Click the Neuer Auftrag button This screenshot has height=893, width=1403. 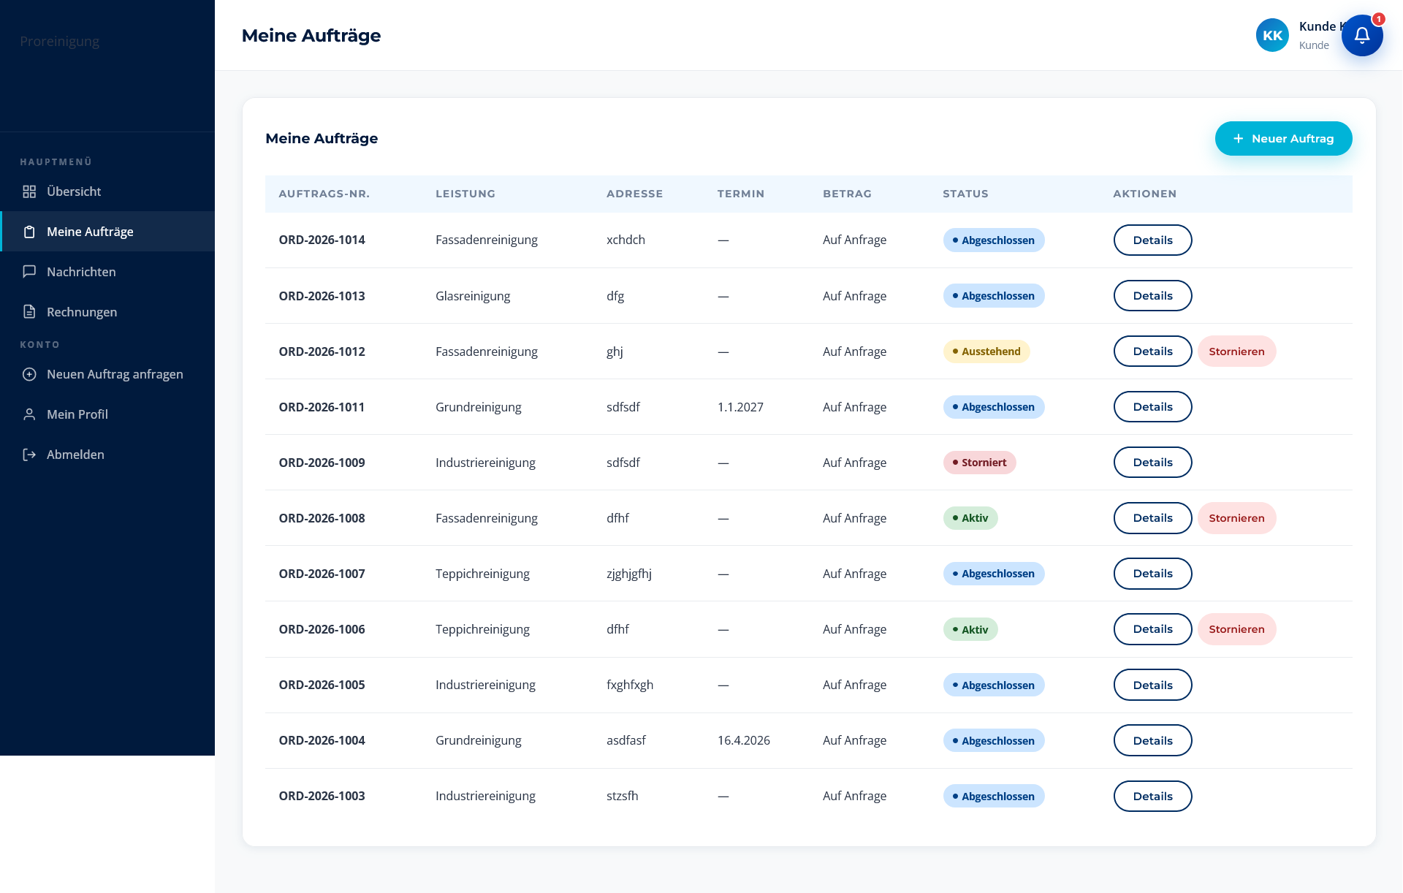click(x=1283, y=138)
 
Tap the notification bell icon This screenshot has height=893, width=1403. click(x=1362, y=35)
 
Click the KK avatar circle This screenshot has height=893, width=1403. click(x=1272, y=35)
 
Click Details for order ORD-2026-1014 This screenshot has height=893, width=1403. click(x=1152, y=240)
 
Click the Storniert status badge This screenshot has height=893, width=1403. click(x=979, y=463)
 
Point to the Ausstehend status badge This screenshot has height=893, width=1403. click(x=986, y=351)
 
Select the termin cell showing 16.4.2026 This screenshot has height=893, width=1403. click(x=744, y=740)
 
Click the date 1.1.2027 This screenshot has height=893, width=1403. click(x=740, y=407)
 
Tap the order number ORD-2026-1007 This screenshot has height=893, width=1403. click(x=322, y=574)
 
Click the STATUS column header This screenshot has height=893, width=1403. click(x=965, y=194)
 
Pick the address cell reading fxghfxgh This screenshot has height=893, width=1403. click(x=630, y=685)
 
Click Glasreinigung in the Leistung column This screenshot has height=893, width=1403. click(x=473, y=296)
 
